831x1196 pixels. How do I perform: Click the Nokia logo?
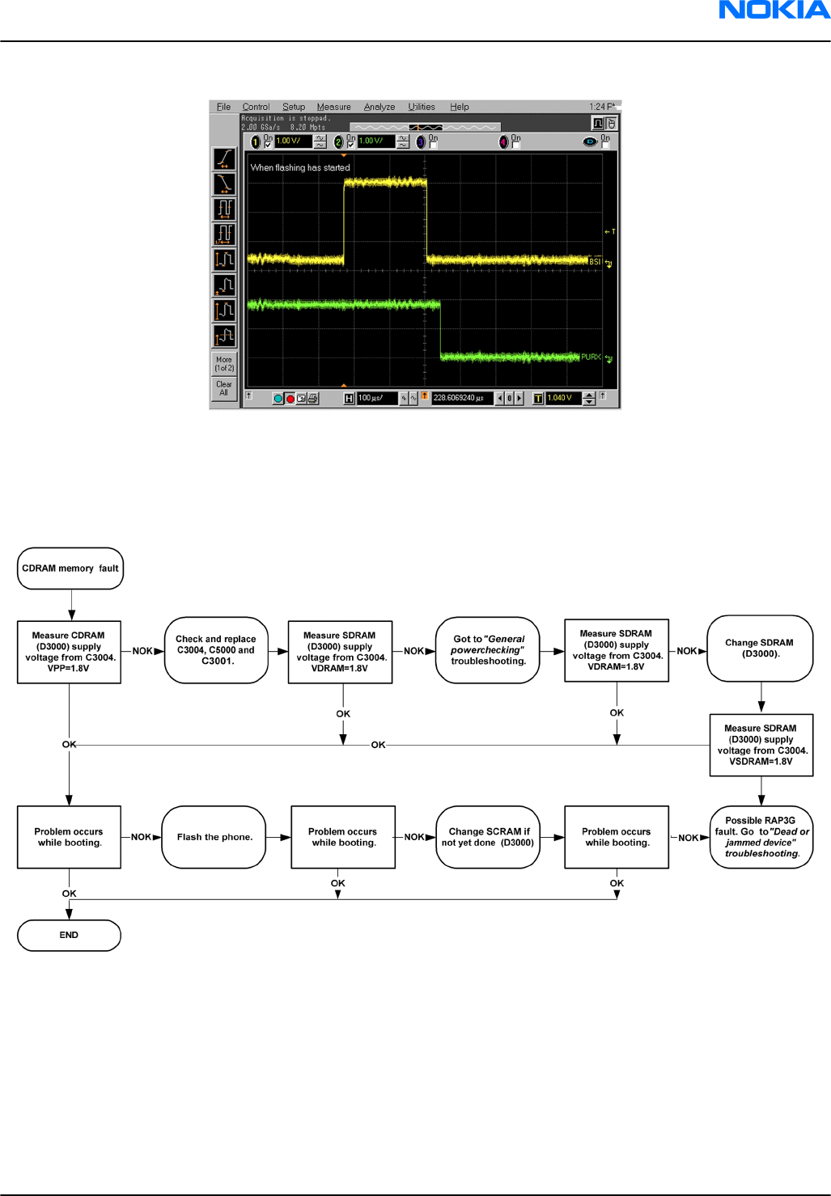(774, 10)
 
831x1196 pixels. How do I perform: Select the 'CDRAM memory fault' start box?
(70, 568)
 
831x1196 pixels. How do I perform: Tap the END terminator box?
(69, 935)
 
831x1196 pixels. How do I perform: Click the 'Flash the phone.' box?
(214, 837)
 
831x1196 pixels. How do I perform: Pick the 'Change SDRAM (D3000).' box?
(760, 649)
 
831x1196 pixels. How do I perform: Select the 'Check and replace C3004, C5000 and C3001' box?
(216, 650)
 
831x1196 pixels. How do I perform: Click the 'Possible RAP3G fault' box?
(761, 837)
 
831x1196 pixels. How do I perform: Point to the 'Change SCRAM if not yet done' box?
(488, 837)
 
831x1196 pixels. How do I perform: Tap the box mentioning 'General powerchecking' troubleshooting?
(488, 650)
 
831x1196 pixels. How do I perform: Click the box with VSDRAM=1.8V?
(761, 745)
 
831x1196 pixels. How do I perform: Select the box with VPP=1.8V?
(70, 652)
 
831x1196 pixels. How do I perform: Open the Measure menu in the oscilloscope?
(333, 107)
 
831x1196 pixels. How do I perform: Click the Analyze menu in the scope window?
(379, 107)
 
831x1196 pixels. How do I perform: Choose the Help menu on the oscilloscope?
(460, 107)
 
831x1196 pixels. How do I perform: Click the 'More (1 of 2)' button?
(224, 364)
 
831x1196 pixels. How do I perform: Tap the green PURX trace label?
(591, 357)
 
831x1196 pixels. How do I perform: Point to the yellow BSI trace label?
(595, 261)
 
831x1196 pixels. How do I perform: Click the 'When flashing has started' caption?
(300, 168)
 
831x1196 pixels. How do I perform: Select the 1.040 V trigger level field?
(561, 398)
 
